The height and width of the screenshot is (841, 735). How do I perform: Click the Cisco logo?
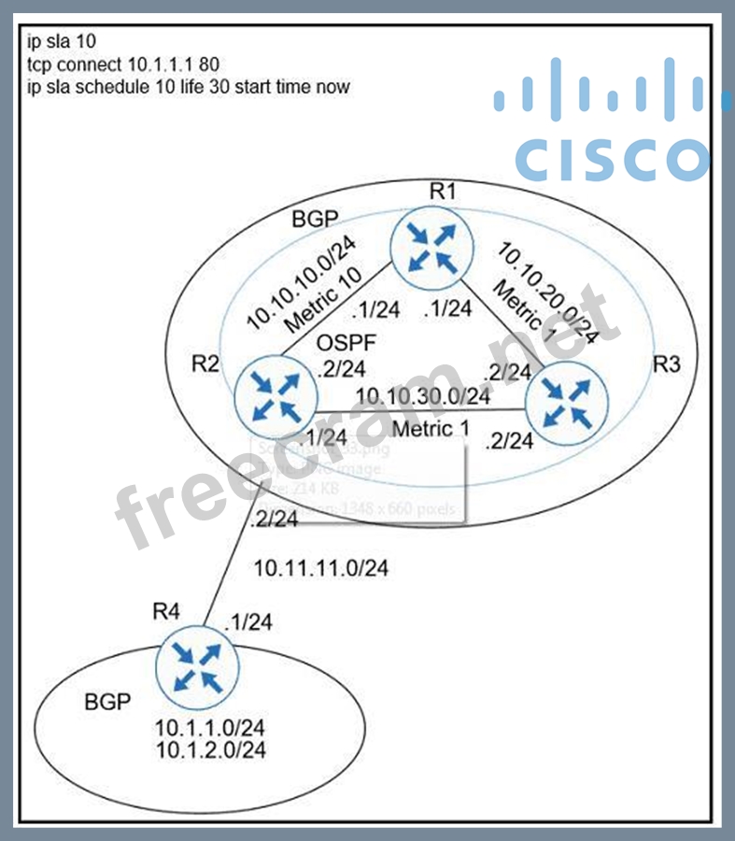[x=600, y=121]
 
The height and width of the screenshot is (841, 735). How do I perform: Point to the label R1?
[x=443, y=192]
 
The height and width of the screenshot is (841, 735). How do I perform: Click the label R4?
[x=168, y=613]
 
